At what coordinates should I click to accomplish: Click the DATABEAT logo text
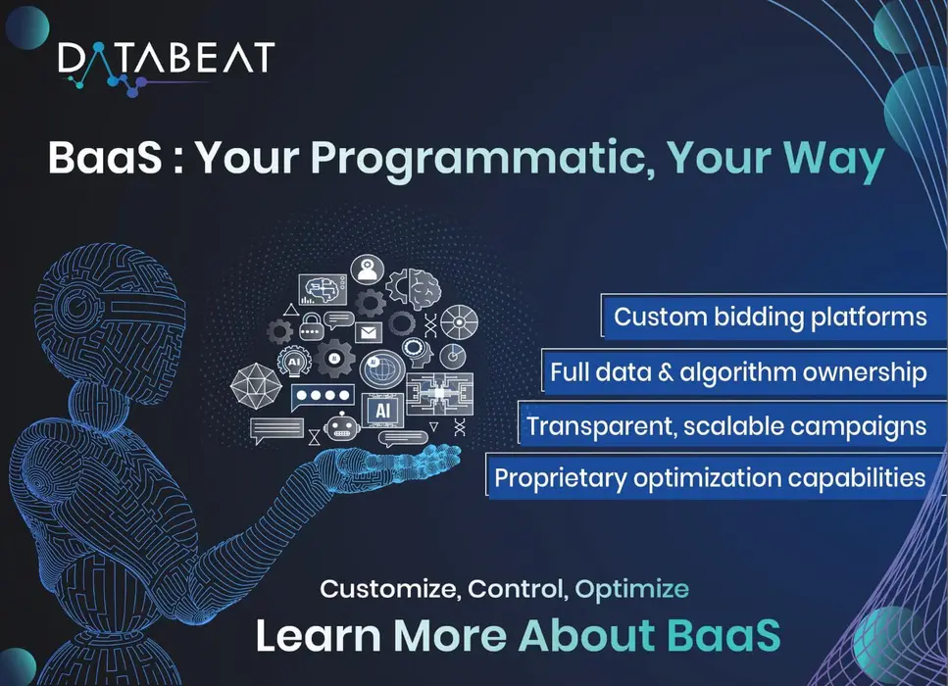click(x=167, y=58)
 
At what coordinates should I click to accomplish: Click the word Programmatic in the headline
click(x=482, y=160)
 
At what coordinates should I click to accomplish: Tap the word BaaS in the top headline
click(x=105, y=158)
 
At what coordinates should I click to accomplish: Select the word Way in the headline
click(x=834, y=160)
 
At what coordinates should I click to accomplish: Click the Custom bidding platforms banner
click(x=773, y=317)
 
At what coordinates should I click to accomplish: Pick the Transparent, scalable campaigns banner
click(x=731, y=425)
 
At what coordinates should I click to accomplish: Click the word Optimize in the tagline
click(x=631, y=589)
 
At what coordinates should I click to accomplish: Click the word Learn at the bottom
click(x=319, y=635)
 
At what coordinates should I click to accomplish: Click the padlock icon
click(x=312, y=328)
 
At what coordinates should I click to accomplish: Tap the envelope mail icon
click(x=369, y=332)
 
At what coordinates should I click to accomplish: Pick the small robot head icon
click(x=342, y=426)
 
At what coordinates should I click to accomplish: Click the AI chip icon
click(x=382, y=411)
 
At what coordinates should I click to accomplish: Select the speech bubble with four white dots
click(x=322, y=397)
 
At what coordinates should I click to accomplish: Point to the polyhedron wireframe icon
click(x=256, y=385)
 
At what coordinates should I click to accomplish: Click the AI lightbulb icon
click(x=294, y=362)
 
